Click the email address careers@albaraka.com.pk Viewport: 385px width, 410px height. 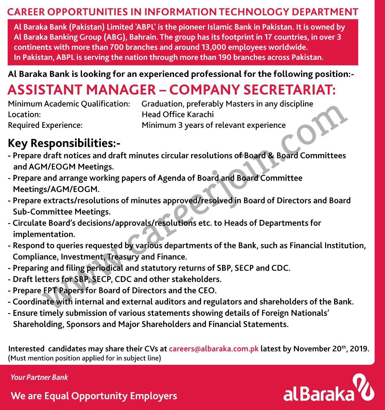click(213, 348)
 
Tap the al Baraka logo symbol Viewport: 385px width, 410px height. click(364, 386)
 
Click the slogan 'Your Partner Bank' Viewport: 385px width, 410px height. click(39, 377)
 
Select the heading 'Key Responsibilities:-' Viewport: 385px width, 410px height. click(64, 143)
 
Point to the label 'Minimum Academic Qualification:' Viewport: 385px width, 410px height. click(69, 104)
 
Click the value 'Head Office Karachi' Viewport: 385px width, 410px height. click(178, 114)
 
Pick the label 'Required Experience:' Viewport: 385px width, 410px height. click(45, 125)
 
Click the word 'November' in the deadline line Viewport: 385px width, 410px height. click(309, 348)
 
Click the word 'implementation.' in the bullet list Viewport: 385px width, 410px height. click(44, 234)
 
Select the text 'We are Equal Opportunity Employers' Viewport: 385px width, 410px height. click(94, 396)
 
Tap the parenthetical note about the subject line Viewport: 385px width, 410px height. click(84, 358)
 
